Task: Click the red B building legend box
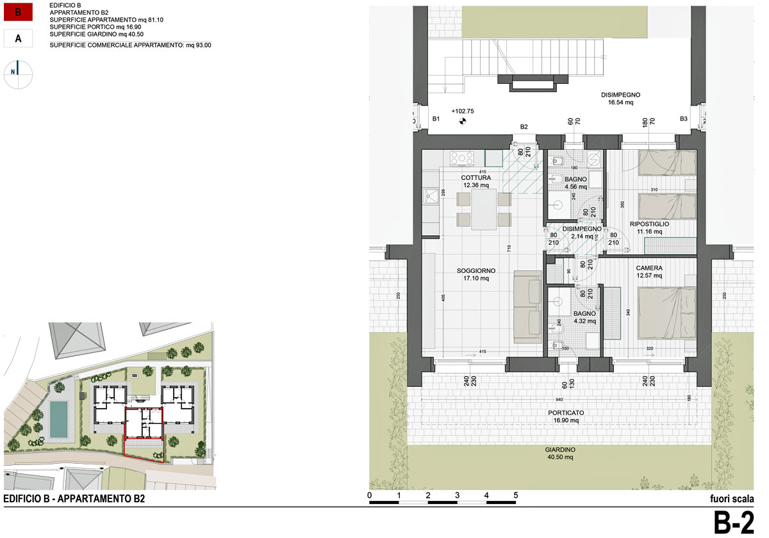(19, 12)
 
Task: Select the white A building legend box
(19, 39)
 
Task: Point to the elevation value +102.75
(462, 111)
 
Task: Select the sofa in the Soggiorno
(528, 305)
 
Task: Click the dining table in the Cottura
(484, 208)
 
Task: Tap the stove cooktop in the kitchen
(461, 158)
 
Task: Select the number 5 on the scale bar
(515, 496)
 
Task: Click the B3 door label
(684, 119)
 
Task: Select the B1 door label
(436, 119)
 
